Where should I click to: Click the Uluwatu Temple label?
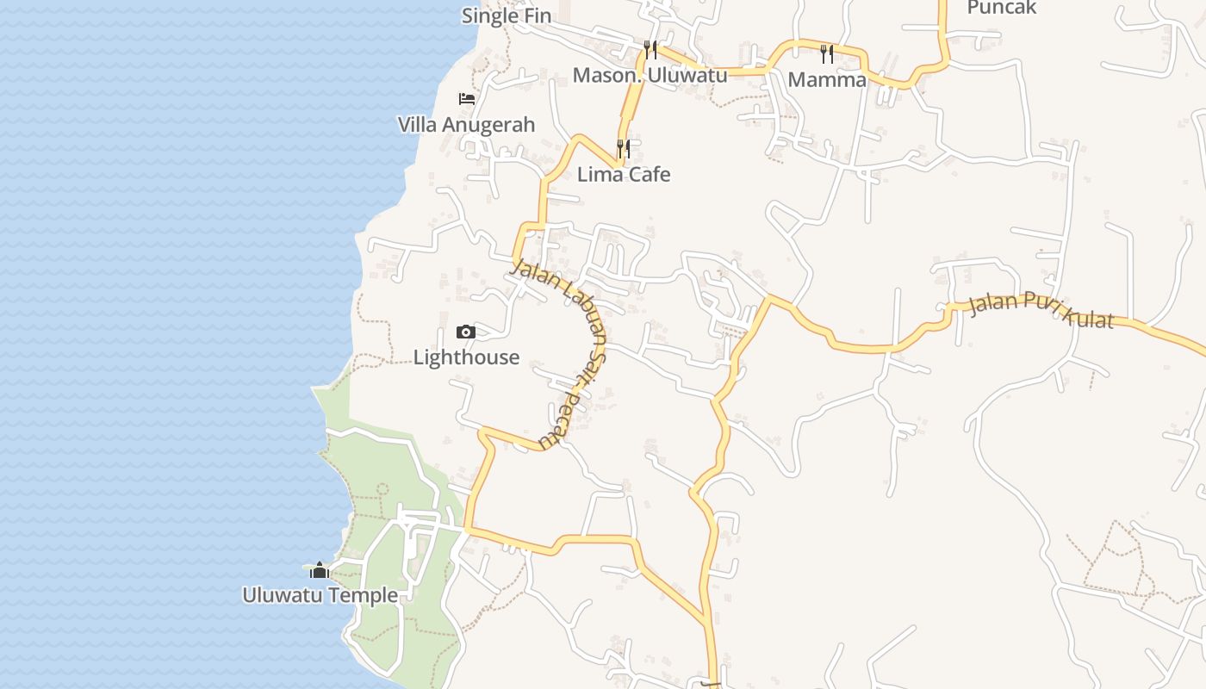[x=320, y=595]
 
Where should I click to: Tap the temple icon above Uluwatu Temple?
[x=320, y=570]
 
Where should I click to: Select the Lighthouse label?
[x=466, y=357]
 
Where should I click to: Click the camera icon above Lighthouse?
[x=465, y=332]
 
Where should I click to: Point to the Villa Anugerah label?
[x=466, y=125]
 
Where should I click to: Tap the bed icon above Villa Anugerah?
[x=466, y=99]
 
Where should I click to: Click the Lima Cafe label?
[x=624, y=175]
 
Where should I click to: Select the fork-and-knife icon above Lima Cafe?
[x=624, y=149]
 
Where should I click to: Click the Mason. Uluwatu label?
[x=650, y=75]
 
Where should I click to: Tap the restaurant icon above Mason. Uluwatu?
[x=650, y=49]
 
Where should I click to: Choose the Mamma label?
[x=827, y=80]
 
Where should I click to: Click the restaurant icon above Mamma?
[x=827, y=54]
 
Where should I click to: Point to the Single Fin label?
[x=507, y=16]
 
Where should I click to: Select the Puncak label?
[x=1002, y=8]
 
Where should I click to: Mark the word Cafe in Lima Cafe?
[x=649, y=175]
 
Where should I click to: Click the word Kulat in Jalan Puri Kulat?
[x=1089, y=317]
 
